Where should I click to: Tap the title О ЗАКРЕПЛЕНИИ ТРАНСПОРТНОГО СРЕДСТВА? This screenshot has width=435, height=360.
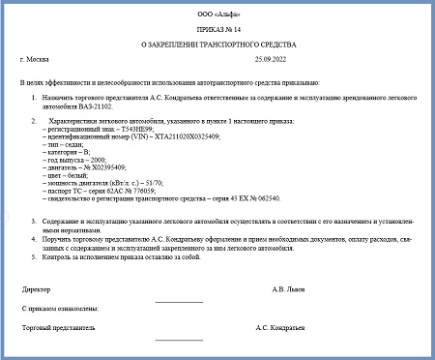click(x=216, y=45)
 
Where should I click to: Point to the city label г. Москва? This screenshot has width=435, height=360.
click(x=35, y=60)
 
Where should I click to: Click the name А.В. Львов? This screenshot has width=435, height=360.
click(x=292, y=287)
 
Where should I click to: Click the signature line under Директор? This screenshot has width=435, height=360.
click(x=178, y=301)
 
